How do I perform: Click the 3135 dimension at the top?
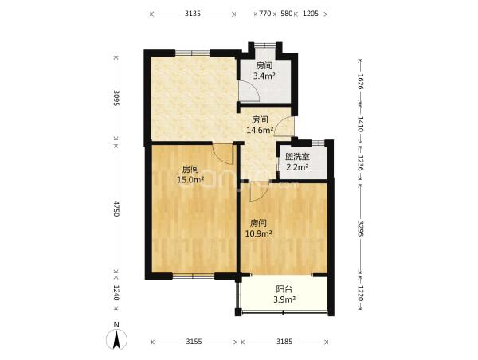(x=193, y=14)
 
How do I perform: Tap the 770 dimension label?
(x=265, y=14)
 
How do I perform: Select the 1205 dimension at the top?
(x=311, y=14)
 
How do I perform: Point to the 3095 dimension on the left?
(x=116, y=98)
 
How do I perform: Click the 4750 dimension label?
(x=116, y=209)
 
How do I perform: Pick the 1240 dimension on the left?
(x=116, y=292)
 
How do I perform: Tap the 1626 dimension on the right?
(x=360, y=81)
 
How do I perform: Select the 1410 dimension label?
(x=360, y=123)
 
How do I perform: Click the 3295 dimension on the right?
(x=360, y=229)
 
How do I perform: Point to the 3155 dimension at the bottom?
(x=194, y=342)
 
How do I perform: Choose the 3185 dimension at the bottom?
(x=284, y=342)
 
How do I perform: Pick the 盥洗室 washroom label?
(x=297, y=157)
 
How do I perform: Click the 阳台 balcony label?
(x=284, y=288)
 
